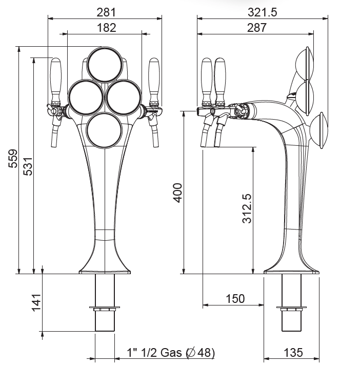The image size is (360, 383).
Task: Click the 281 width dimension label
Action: coord(106,12)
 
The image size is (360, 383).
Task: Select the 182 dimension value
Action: coord(106,28)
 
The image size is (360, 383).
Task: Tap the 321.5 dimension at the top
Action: coord(263,12)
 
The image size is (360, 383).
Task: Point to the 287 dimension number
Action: coord(257,28)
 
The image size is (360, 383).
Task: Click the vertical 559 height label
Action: coord(13,159)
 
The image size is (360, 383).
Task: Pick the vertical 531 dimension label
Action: coord(28,166)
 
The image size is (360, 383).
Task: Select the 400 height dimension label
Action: coord(177,193)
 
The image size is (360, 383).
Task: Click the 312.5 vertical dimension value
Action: coord(247,208)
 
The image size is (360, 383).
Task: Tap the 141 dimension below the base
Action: coord(36,302)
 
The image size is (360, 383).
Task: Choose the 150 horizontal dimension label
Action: coord(235,298)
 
